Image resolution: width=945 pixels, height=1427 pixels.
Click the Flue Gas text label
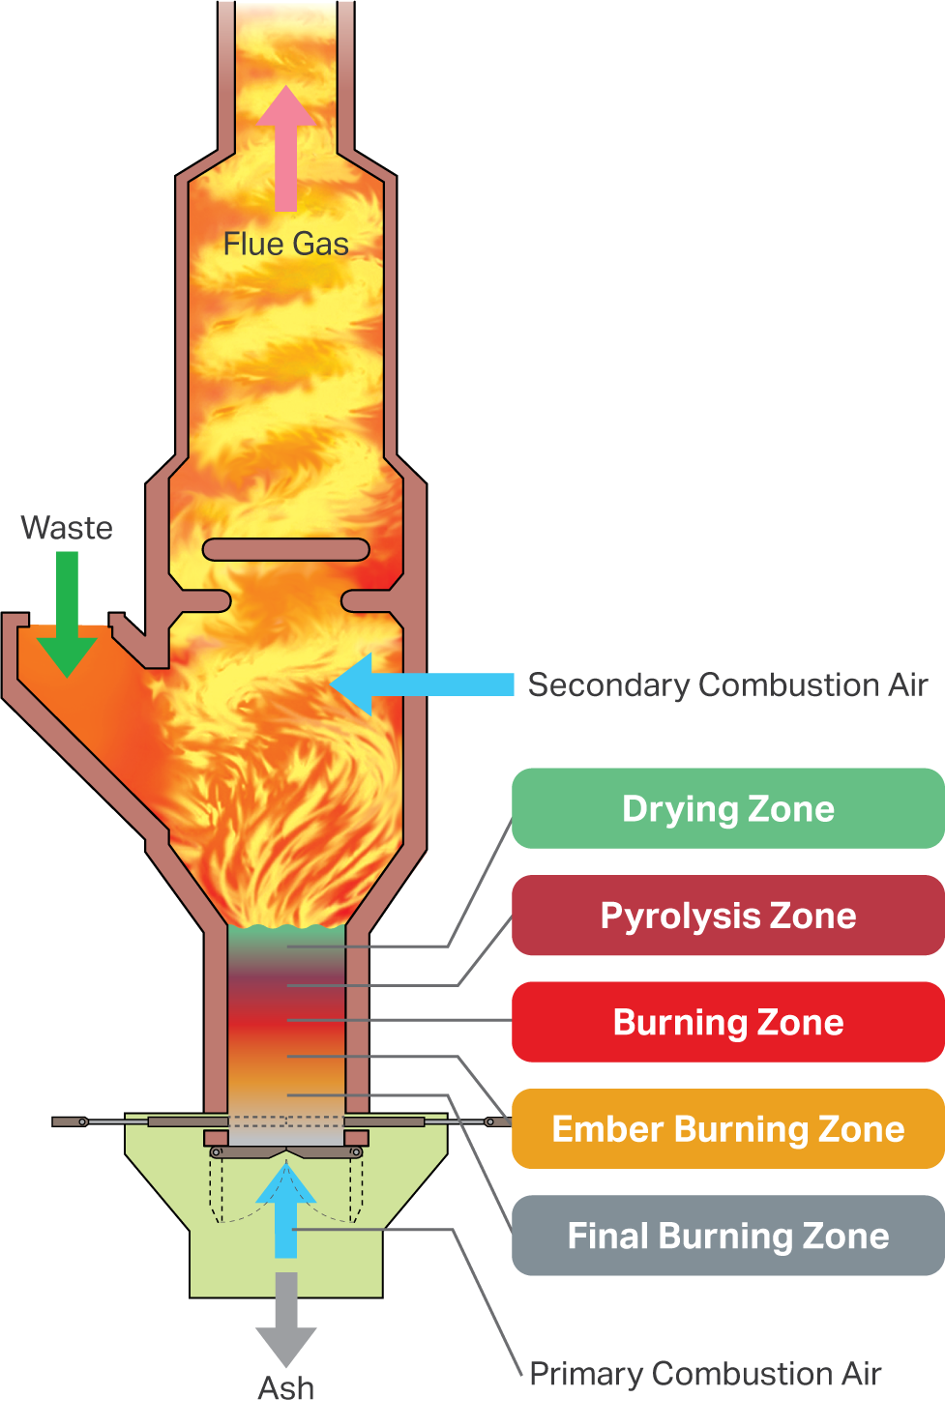[x=285, y=244]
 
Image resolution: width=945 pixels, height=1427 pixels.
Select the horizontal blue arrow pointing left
[x=426, y=684]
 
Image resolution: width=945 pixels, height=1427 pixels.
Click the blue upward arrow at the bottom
[x=286, y=1213]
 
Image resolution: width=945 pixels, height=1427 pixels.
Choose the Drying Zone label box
[x=727, y=820]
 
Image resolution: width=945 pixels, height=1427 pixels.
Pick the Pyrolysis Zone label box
[x=727, y=926]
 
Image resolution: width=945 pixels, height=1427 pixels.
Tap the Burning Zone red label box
[x=727, y=1023]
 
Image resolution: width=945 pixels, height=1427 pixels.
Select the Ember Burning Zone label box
[x=727, y=1139]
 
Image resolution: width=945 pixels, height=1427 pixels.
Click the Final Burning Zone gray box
[x=727, y=1238]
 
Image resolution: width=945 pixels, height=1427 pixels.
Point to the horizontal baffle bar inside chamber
[x=285, y=550]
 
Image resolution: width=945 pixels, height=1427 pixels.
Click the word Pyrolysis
[x=674, y=917]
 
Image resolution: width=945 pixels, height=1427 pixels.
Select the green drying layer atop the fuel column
[x=285, y=938]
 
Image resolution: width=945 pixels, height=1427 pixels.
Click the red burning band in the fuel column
[x=285, y=1020]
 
